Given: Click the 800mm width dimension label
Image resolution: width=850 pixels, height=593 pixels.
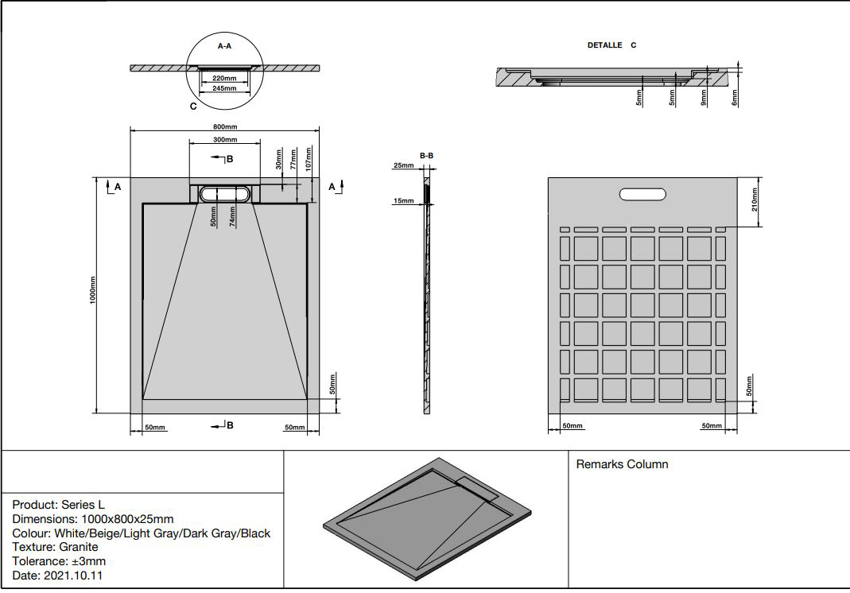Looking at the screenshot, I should pos(224,127).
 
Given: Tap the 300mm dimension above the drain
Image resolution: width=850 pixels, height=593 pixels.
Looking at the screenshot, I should pos(224,139).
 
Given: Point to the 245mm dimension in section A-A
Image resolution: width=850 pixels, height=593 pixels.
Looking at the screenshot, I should pos(224,88).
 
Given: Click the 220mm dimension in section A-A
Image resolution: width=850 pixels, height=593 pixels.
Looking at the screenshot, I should pos(224,79).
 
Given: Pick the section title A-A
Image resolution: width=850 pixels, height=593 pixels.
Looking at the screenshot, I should pos(224,47).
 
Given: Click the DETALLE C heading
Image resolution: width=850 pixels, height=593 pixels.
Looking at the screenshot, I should pos(611,45).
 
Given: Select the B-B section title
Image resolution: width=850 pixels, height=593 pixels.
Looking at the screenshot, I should pos(426,155).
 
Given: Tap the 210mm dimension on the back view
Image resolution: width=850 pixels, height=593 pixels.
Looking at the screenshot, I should pos(755,202).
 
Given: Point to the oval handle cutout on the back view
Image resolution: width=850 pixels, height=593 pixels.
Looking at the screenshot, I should pos(646,193).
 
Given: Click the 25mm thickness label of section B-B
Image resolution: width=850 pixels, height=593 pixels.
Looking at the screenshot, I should pos(403,166).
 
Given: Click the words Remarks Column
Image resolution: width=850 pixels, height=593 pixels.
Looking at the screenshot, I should pos(622,464).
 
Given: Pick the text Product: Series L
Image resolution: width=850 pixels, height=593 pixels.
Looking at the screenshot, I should pos(59,505).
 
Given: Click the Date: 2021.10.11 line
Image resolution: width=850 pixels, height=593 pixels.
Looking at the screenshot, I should pos(58,576).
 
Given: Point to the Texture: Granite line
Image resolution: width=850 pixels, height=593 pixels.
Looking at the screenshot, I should pos(56,547).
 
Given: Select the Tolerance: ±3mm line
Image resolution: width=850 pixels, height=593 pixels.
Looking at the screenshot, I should pos(59,561).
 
